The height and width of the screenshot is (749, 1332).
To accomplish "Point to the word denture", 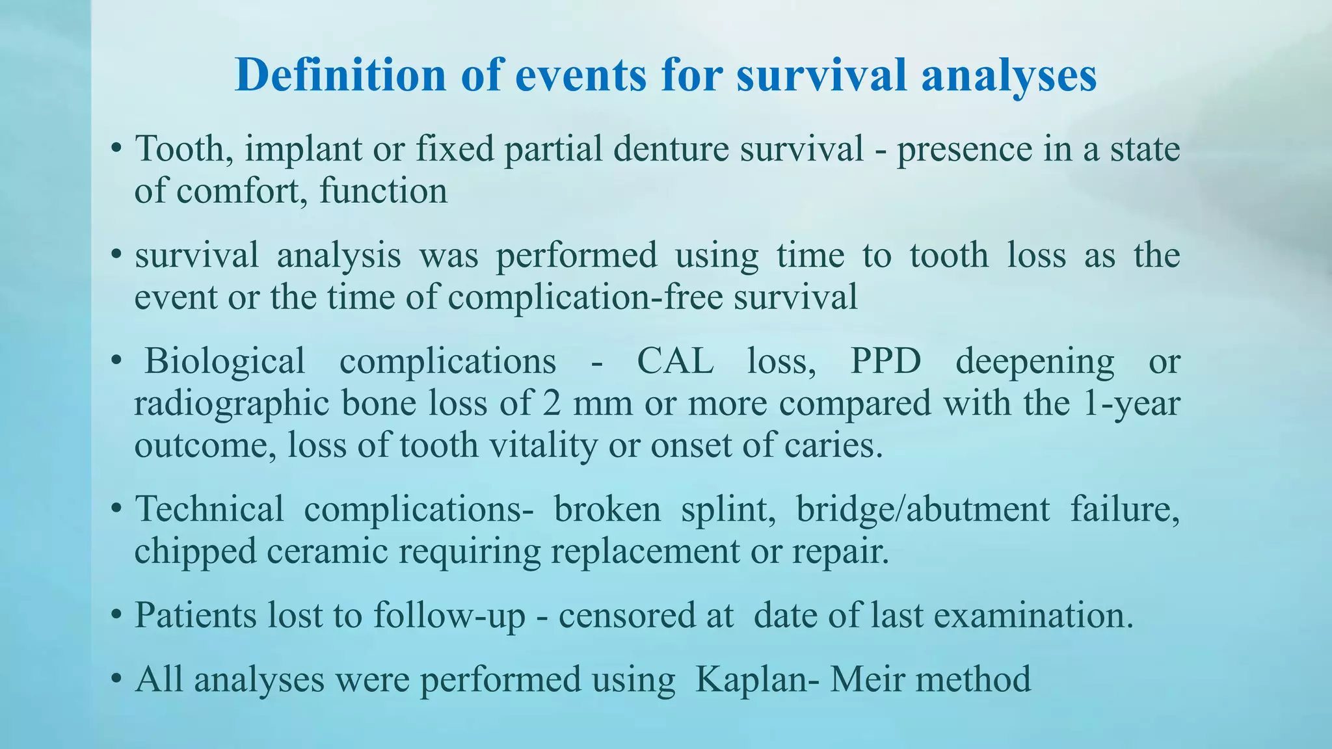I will pos(670,149).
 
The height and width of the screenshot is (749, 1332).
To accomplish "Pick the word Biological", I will pos(224,361).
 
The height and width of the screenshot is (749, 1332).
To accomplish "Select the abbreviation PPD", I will pos(886,361).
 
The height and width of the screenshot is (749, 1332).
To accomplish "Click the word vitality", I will pos(542,446).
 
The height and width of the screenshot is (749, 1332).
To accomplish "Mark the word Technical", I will pos(209,509).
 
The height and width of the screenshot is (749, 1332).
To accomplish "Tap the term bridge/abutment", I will pos(923,509).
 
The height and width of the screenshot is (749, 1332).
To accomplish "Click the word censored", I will pos(624,615).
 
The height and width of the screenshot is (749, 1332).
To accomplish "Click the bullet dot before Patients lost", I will pos(116,615).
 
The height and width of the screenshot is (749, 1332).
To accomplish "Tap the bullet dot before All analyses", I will pos(116,679).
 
